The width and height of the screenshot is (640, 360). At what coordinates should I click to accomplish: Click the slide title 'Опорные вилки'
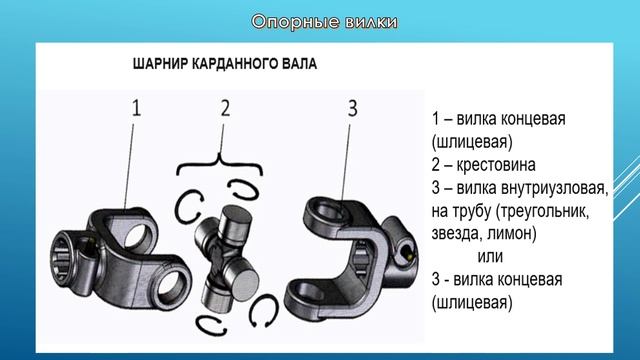[x=324, y=22]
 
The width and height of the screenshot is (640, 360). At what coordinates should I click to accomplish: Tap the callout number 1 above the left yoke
[x=136, y=108]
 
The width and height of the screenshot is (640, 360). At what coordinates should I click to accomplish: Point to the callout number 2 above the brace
[x=225, y=108]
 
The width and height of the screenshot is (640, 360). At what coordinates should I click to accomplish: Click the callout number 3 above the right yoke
[x=353, y=108]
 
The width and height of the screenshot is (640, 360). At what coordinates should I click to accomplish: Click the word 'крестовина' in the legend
[x=496, y=165]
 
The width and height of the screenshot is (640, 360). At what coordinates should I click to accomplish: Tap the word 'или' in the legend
[x=490, y=257]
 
